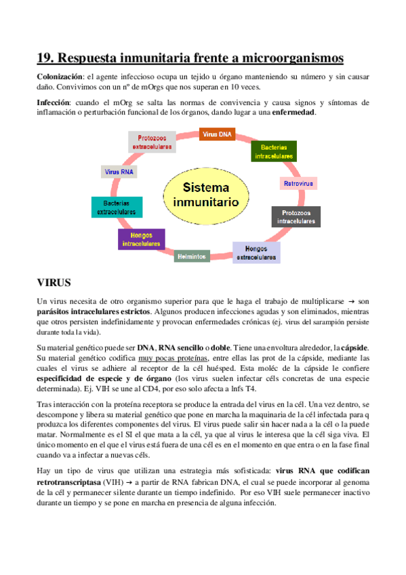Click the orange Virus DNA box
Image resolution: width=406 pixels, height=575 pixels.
[x=217, y=134]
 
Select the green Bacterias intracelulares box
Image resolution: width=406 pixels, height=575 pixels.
[x=273, y=151]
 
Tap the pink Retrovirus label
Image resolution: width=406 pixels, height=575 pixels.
[x=298, y=184]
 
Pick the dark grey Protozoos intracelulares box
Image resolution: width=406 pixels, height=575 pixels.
[x=296, y=216]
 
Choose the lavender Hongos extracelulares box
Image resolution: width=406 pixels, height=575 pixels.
[x=256, y=252]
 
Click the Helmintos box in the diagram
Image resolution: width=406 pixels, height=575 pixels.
[x=191, y=257]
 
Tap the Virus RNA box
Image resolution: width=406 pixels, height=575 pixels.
[x=119, y=172]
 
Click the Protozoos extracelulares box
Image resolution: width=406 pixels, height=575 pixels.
[x=152, y=142]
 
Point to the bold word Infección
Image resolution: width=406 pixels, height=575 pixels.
[x=53, y=102]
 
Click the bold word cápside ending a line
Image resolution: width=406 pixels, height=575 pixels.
[x=354, y=347]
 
